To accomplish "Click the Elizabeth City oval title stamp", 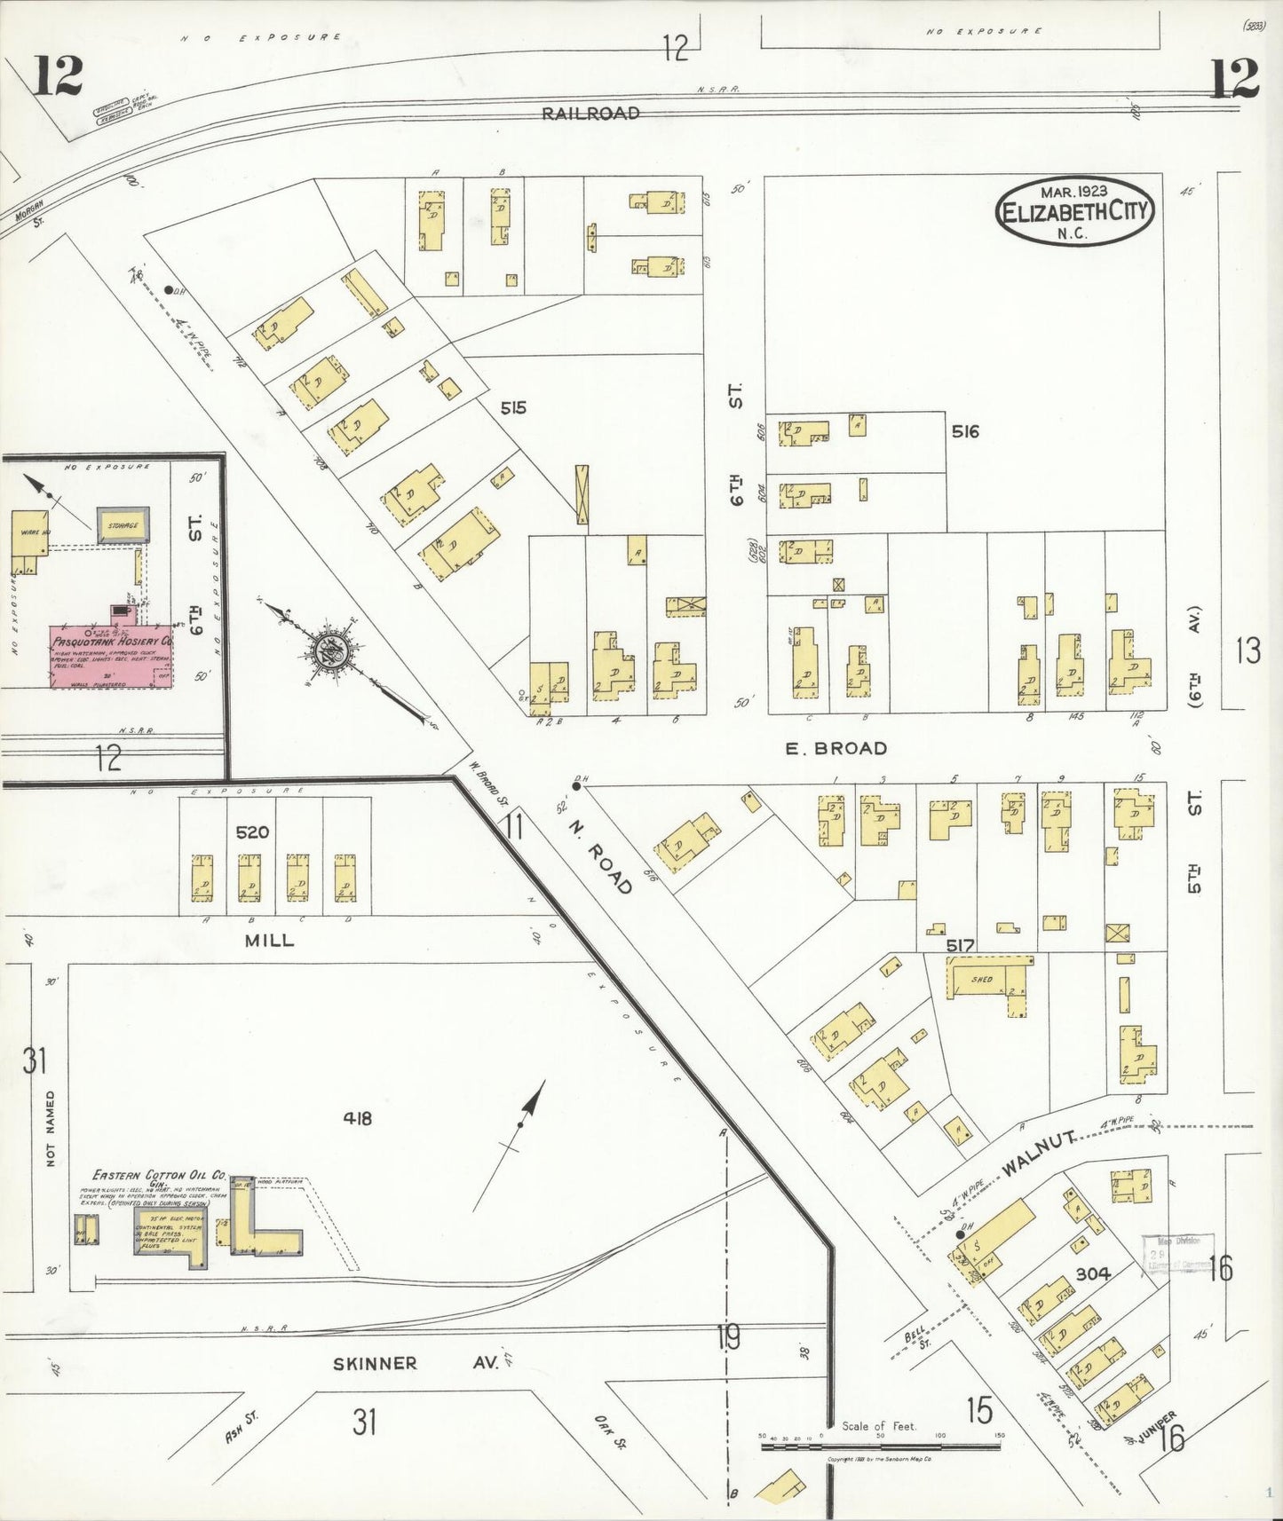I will click(1075, 212).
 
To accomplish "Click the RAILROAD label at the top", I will click(591, 114).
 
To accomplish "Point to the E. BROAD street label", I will click(836, 749).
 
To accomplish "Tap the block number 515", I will click(512, 408).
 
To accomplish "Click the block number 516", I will click(964, 432).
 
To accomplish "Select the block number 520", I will click(252, 832).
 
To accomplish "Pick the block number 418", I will click(357, 1119).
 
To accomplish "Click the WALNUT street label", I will click(1040, 1155).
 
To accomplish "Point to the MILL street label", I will click(269, 941).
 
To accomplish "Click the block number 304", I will click(1093, 1273).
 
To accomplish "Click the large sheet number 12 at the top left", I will click(58, 75).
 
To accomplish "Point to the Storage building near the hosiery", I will click(123, 526).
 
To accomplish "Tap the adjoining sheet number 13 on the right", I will click(1247, 652).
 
